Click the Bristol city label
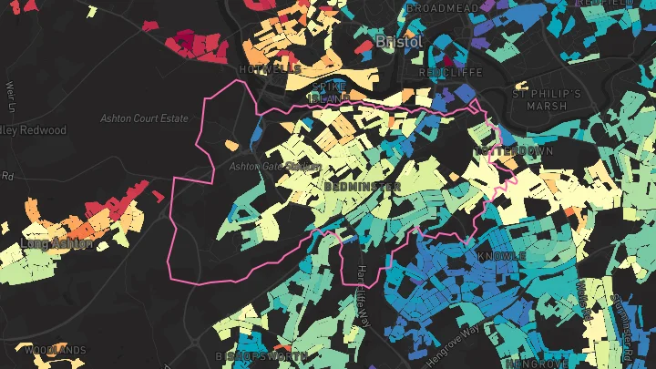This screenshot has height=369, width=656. pos(398,43)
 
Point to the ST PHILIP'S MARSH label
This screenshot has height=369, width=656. pos(547,99)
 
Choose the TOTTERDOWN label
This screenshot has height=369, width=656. pos(507,149)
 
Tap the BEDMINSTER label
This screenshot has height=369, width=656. pos(362,186)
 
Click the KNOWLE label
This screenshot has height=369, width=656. pos(501,257)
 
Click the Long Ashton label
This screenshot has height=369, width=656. pos(56,244)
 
